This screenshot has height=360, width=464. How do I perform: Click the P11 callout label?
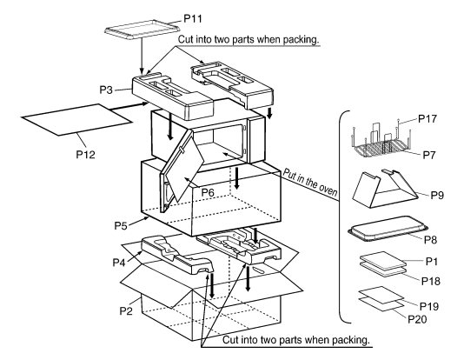tap(193, 18)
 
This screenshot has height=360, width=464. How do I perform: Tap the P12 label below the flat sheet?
tap(86, 154)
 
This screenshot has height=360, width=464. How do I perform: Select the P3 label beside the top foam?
tap(106, 90)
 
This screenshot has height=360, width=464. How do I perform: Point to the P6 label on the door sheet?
tap(208, 192)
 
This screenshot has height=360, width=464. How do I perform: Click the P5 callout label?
tap(121, 225)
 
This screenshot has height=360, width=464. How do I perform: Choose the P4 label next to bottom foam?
tap(119, 263)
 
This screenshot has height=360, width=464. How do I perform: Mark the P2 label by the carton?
tap(126, 310)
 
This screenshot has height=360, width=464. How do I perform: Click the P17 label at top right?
tap(428, 119)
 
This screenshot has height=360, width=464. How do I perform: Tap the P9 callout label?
tap(437, 195)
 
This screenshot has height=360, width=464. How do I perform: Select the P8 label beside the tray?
tap(431, 239)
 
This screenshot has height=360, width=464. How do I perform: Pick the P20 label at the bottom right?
tap(417, 319)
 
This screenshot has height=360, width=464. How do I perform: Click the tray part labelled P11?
tap(143, 30)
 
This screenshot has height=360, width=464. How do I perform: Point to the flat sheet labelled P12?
tap(77, 119)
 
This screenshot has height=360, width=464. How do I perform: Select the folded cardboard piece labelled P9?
tap(385, 190)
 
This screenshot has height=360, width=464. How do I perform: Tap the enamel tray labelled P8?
tap(388, 229)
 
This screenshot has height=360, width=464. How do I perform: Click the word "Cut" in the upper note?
tap(185, 39)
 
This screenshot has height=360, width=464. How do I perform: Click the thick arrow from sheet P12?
tap(129, 107)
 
